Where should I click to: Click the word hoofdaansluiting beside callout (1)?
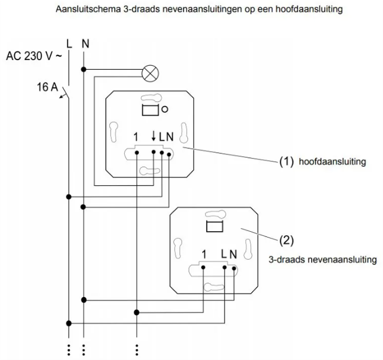332,162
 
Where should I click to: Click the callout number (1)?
286,162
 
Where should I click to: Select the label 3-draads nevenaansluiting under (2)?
322,259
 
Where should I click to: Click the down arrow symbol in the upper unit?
154,137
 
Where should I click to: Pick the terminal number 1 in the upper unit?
135,137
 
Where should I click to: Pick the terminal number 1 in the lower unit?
204,253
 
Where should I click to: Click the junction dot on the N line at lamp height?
85,69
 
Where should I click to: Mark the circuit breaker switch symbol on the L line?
65,93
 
